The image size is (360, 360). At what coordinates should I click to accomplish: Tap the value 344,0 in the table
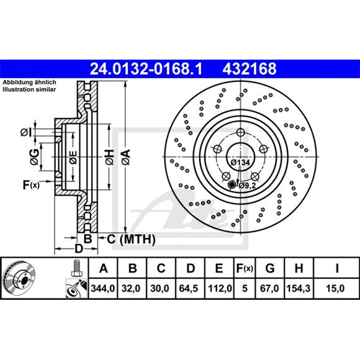103,289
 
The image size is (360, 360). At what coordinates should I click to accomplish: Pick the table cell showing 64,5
189,289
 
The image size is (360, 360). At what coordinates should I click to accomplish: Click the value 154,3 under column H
299,289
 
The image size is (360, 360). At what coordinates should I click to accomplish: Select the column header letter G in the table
270,268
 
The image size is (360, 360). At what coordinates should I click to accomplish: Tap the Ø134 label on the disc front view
240,163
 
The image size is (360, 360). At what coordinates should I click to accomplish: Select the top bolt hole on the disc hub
240,132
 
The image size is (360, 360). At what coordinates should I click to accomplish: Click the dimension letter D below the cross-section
78,249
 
